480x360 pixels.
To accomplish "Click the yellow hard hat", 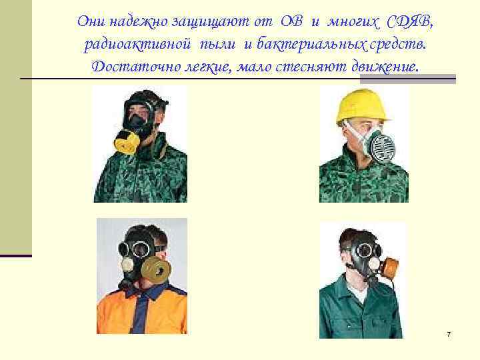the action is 361,105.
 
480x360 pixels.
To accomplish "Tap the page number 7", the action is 449,334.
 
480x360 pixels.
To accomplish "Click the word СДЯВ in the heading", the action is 409,22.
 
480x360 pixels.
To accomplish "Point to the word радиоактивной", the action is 137,45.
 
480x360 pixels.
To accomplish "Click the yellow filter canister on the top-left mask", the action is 127,142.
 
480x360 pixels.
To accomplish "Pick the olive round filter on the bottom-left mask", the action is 155,269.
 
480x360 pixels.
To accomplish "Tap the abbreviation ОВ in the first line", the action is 291,22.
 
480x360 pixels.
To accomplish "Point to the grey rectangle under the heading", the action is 408,79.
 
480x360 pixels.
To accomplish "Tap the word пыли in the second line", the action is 218,45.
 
